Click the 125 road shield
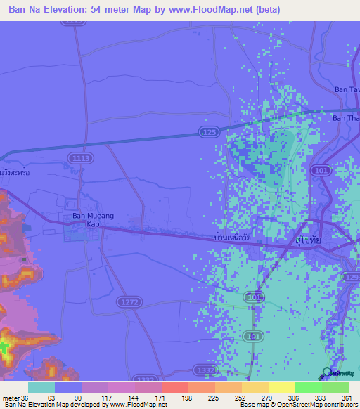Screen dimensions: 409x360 tap(209, 131)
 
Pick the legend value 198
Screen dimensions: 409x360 tap(167, 397)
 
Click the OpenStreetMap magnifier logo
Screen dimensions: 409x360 tap(326, 372)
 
